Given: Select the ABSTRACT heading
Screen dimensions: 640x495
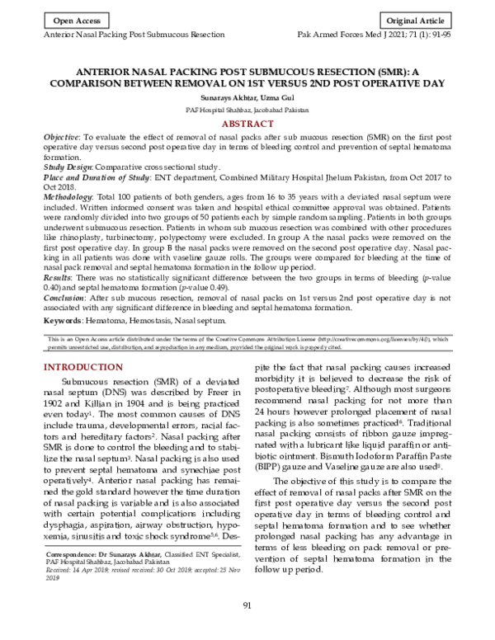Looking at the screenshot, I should (247, 123).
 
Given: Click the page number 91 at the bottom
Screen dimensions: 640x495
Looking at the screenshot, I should (247, 608).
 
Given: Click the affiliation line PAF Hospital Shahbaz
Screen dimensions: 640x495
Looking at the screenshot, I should (247, 109).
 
